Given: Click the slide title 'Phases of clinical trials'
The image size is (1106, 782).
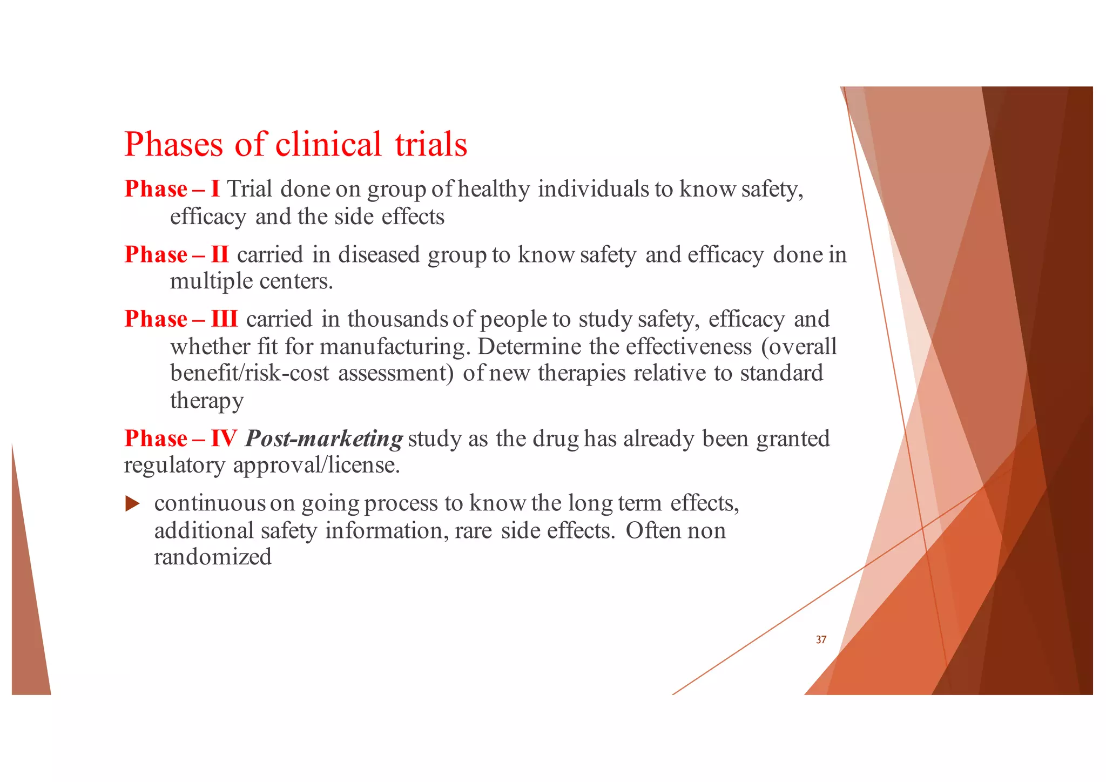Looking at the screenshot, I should click(295, 144).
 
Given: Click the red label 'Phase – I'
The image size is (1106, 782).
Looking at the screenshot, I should click(172, 189).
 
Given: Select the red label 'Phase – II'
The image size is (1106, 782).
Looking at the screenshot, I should click(177, 254).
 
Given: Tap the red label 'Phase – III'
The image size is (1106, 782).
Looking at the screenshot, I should click(181, 319).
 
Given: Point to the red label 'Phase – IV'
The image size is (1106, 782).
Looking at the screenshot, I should click(180, 439).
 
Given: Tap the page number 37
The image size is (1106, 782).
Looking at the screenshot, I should click(821, 640).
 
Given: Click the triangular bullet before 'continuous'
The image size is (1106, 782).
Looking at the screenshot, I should click(132, 504).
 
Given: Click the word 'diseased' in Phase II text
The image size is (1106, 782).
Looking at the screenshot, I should click(379, 255).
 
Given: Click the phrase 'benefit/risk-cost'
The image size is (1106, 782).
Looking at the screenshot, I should click(249, 373).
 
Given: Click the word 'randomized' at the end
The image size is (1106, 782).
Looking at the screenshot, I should click(213, 557).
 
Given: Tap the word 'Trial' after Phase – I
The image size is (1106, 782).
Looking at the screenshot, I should click(249, 189).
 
